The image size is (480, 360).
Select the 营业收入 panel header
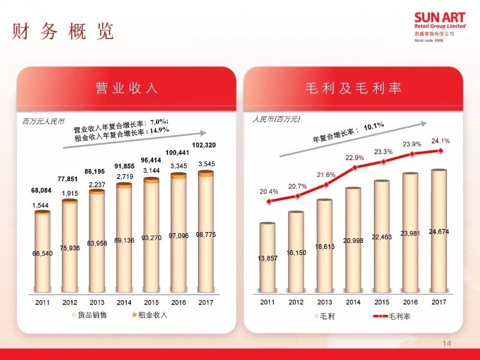[127, 89]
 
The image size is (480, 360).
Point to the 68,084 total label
[42, 191]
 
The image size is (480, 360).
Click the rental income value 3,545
[205, 164]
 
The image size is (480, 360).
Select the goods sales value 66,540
[42, 254]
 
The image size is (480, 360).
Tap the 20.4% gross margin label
[269, 191]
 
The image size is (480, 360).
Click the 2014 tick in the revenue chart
[124, 302]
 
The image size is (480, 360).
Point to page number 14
[446, 343]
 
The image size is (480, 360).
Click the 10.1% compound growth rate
[373, 127]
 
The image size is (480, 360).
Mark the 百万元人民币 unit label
[42, 121]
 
